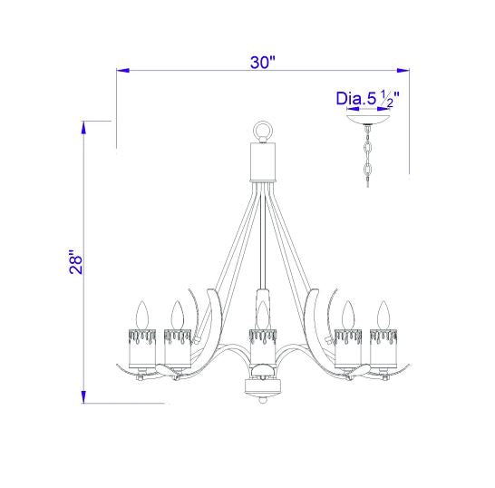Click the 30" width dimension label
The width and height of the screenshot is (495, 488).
(x=263, y=63)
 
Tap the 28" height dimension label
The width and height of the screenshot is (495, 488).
(x=76, y=262)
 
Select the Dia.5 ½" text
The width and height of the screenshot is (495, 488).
(x=367, y=99)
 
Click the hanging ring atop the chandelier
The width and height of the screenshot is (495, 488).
(x=263, y=131)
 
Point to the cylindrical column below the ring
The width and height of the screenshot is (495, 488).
(x=263, y=162)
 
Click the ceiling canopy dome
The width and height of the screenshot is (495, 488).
(x=367, y=120)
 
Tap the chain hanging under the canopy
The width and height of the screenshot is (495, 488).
(x=367, y=155)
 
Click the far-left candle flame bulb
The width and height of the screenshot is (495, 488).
(x=142, y=315)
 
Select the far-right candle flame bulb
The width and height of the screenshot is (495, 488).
(x=383, y=315)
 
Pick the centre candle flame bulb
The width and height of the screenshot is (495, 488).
(x=263, y=315)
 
